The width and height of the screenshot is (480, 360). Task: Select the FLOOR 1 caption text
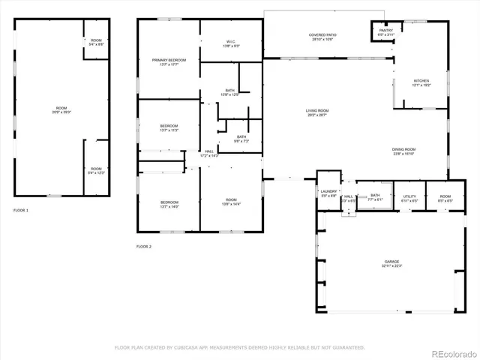pos(21,211)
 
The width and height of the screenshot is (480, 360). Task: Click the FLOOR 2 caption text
pos(144,247)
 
